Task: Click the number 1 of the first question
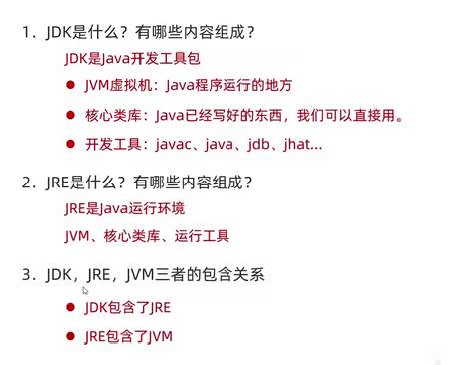click(x=26, y=33)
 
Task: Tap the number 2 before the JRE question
click(x=26, y=182)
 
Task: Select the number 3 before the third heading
click(x=26, y=275)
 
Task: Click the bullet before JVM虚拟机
click(x=70, y=85)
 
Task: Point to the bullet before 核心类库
click(x=70, y=115)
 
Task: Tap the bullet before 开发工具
click(x=70, y=144)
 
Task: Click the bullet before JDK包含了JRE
click(x=70, y=307)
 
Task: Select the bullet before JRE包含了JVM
click(x=70, y=336)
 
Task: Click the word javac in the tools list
click(x=174, y=145)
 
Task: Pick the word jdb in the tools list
click(x=258, y=145)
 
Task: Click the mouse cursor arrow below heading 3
click(x=85, y=291)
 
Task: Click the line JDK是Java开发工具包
click(x=132, y=59)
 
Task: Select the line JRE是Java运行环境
click(x=125, y=209)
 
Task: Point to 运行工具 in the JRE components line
click(x=202, y=236)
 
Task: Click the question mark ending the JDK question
click(x=250, y=33)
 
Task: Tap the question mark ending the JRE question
click(x=248, y=182)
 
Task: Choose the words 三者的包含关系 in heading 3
click(x=210, y=275)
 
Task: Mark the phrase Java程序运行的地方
click(x=228, y=85)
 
